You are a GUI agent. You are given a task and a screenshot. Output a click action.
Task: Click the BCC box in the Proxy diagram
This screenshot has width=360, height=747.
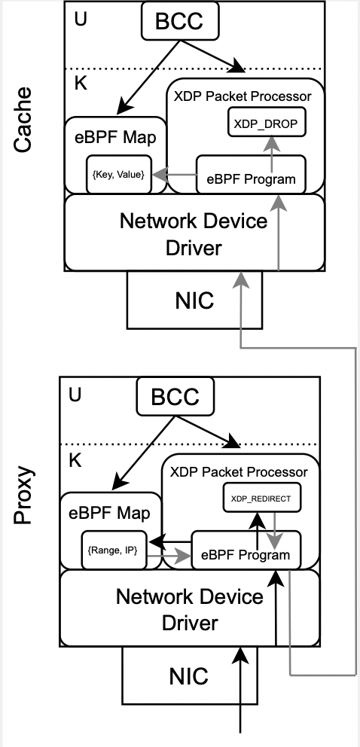(175, 397)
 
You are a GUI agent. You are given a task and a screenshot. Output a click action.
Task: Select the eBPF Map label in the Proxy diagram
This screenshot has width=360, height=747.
(111, 514)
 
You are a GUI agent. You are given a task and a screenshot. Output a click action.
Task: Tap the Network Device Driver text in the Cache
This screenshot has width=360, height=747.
(194, 233)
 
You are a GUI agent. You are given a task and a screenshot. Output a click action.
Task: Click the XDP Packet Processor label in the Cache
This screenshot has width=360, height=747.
(242, 96)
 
